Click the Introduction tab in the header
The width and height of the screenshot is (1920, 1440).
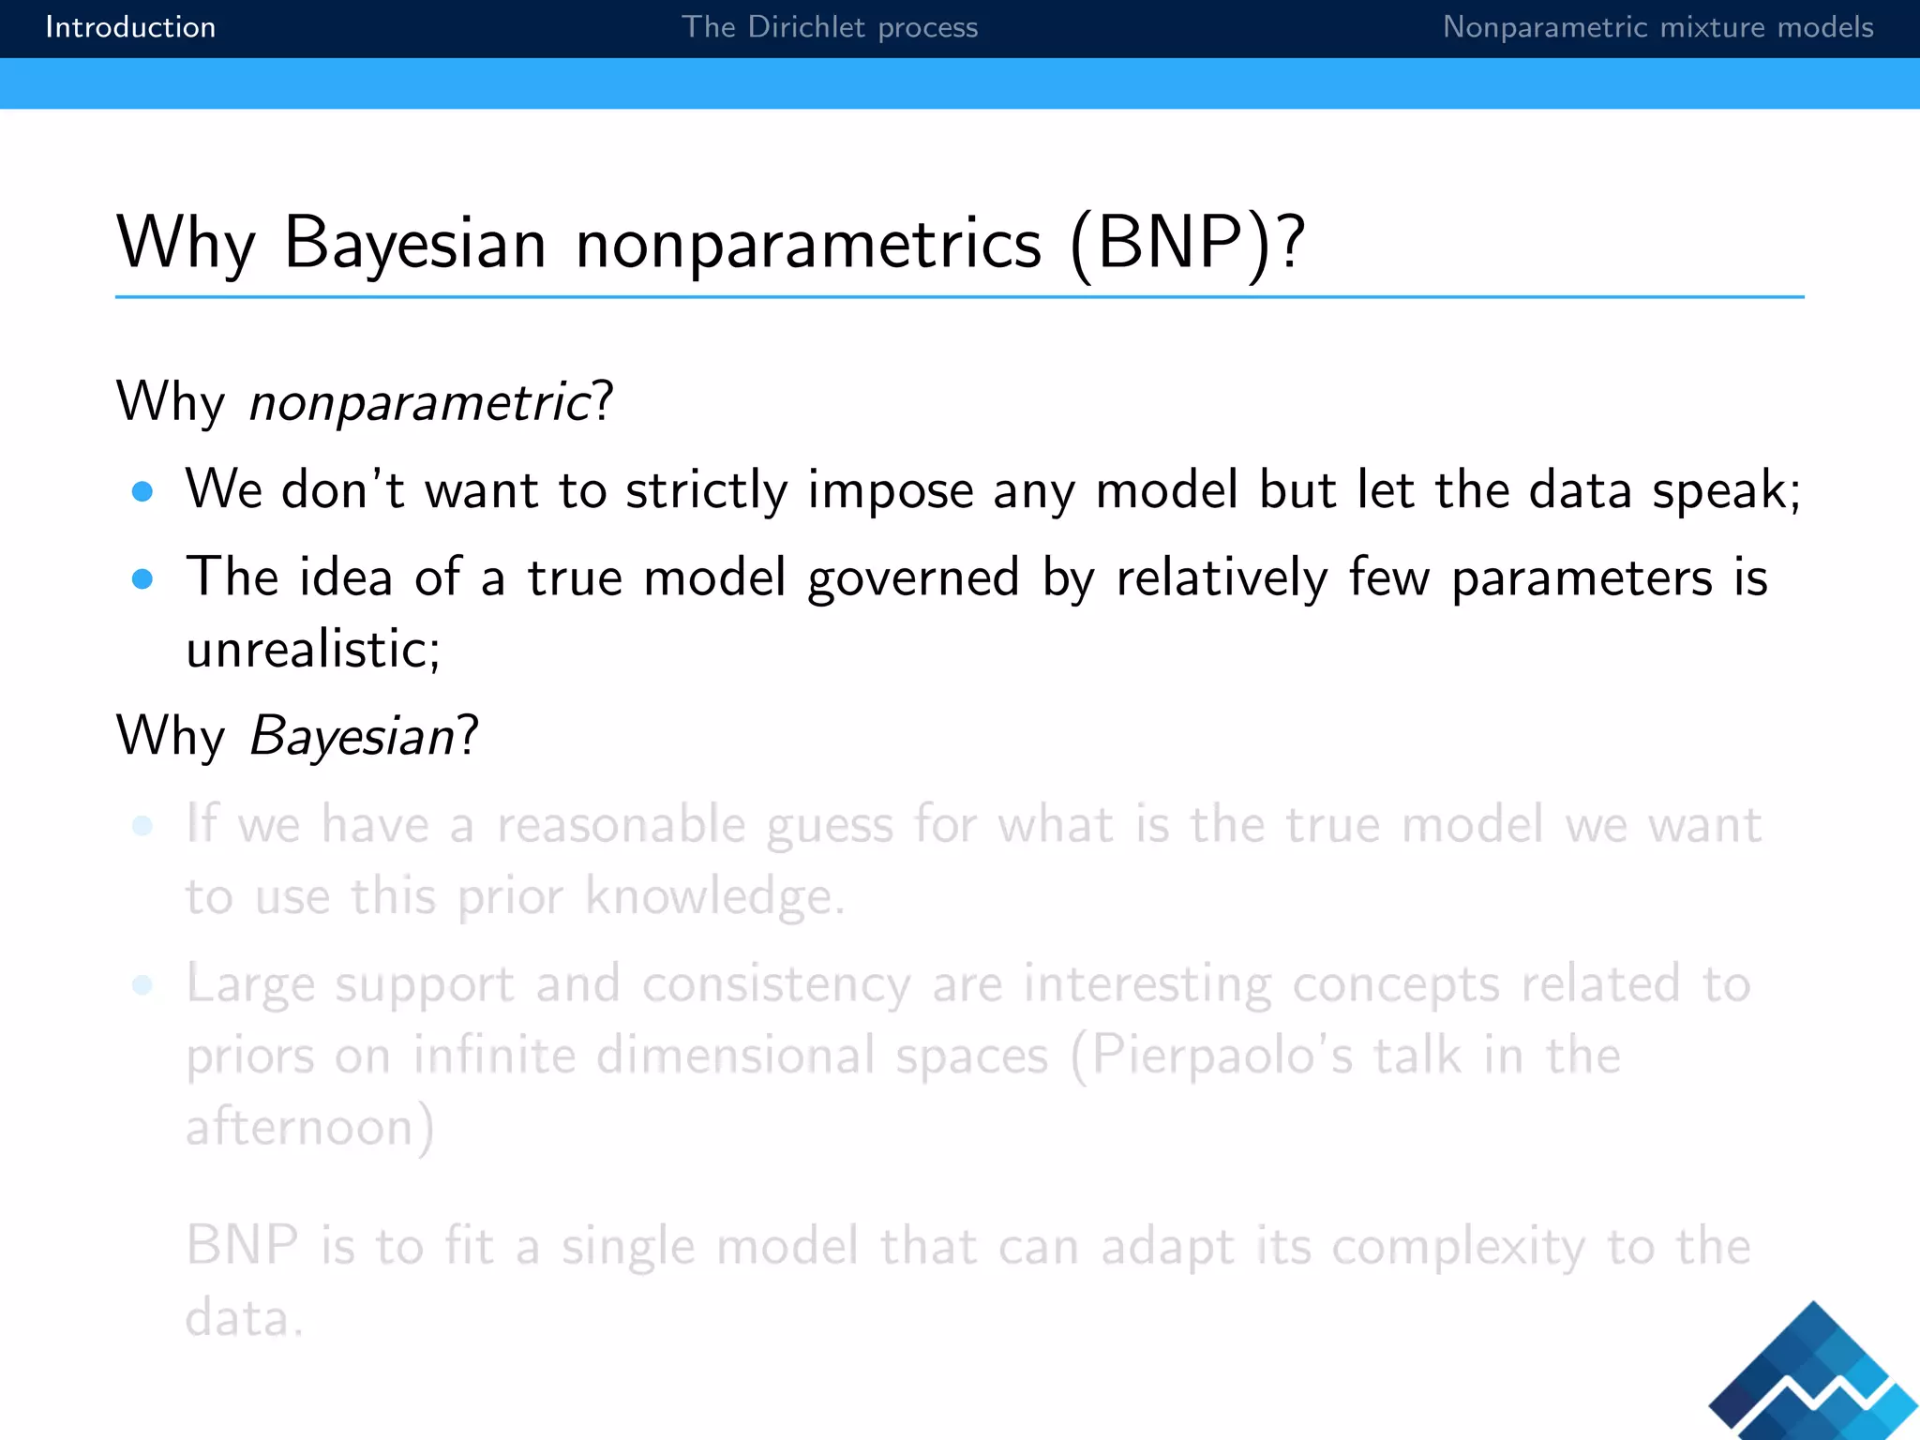coord(130,27)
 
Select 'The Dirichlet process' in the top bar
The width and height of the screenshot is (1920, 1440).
coord(829,27)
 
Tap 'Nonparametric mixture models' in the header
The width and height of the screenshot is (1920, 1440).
coord(1657,27)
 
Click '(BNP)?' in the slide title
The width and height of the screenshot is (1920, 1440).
coord(1187,243)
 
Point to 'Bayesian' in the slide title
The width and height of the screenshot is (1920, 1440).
coord(415,243)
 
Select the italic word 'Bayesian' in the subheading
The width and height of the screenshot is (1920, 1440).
coord(352,736)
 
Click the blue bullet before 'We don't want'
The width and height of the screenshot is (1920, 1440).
coord(142,492)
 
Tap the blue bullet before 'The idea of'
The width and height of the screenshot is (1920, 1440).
coord(142,579)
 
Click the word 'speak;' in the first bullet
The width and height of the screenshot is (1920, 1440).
coord(1726,490)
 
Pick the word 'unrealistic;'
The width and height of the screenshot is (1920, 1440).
coord(313,649)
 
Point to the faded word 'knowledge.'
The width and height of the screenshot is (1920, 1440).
coord(715,896)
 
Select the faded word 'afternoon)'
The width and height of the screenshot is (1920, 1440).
coord(310,1127)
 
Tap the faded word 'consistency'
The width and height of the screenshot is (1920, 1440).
coord(776,984)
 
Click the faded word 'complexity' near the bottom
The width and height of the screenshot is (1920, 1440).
coord(1458,1248)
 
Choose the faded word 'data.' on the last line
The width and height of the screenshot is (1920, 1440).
coord(245,1318)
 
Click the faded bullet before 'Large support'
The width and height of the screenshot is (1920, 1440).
coord(142,985)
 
